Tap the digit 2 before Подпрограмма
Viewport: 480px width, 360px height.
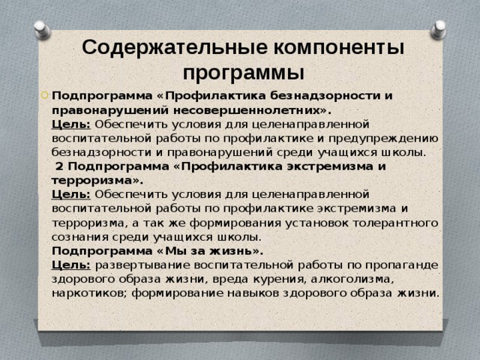(x=60, y=166)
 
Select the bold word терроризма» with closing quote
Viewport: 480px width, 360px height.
(x=97, y=180)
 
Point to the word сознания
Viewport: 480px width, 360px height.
(x=78, y=237)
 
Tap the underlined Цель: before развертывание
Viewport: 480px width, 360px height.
(x=70, y=265)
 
